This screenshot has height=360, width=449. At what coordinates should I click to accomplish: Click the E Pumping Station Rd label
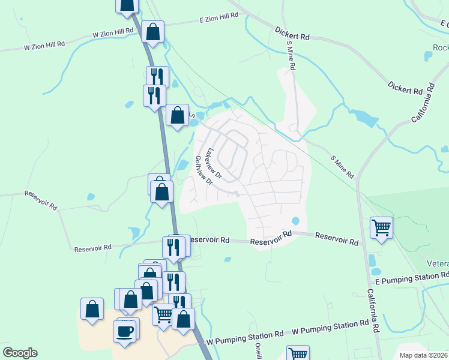(411, 277)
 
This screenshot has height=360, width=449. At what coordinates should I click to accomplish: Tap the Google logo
(20, 353)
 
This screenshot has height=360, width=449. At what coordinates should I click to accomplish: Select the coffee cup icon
(124, 331)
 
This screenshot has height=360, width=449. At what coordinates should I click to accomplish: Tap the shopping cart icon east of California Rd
(381, 228)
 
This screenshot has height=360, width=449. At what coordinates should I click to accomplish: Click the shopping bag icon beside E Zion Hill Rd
(153, 31)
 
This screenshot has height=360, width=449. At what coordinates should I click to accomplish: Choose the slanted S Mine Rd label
(343, 166)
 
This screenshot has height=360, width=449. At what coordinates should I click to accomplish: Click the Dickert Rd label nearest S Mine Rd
(292, 32)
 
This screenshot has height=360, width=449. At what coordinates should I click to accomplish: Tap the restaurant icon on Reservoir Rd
(173, 247)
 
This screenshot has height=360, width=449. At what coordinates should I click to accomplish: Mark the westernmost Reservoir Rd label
(41, 200)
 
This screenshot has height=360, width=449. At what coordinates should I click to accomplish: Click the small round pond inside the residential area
(295, 221)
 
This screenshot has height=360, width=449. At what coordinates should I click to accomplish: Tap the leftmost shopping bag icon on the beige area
(92, 310)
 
